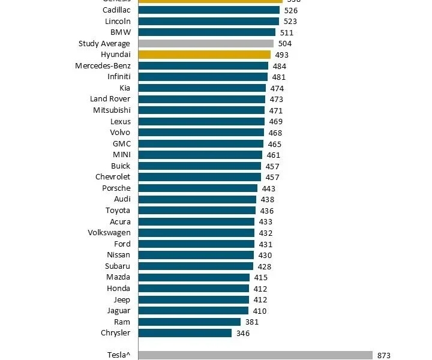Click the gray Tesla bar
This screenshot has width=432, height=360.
255,355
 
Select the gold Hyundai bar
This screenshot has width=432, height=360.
204,55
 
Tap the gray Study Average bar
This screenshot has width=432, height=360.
206,44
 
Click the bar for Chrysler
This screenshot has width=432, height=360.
185,333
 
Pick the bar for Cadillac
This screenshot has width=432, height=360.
209,10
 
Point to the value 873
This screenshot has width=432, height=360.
384,356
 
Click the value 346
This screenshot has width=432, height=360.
242,333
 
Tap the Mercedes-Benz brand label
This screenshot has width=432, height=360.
103,65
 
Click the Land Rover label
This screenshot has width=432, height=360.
110,99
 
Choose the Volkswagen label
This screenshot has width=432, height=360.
109,233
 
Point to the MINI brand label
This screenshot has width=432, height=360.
121,155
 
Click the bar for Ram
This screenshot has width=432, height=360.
190,322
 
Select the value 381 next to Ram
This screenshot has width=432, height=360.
252,322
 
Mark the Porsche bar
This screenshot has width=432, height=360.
197,188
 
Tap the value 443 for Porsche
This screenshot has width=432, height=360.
268,188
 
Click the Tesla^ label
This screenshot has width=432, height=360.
117,355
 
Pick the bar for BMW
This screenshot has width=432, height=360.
206,32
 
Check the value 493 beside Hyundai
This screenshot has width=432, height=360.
281,55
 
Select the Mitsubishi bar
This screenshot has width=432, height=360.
201,110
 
